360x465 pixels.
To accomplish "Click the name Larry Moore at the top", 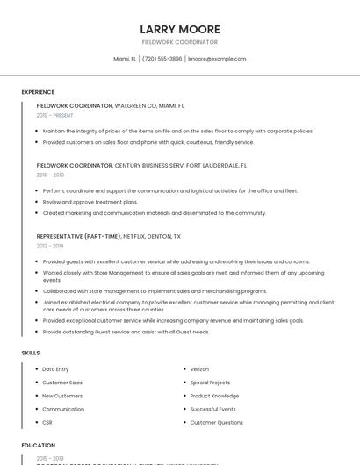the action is [179, 29].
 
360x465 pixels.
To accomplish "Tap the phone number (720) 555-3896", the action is [162, 59].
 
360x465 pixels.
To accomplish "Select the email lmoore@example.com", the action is [217, 59].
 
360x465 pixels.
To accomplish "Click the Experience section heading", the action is [38, 92].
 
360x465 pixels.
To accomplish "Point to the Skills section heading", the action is [31, 353].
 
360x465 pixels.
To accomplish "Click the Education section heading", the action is [38, 446].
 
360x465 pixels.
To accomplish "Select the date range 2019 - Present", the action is [54, 115].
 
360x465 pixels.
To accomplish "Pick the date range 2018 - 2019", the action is [50, 175].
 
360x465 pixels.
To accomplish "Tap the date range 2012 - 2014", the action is [50, 246].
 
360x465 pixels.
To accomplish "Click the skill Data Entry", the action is [55, 369].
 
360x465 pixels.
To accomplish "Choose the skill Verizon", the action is [200, 369].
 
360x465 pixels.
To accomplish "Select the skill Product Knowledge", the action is [214, 396].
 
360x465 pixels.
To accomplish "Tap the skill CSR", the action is [48, 422].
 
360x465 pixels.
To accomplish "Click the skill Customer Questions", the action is [216, 422].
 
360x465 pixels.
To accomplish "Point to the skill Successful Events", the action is [212, 409].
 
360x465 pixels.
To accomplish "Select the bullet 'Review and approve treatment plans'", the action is [90, 202].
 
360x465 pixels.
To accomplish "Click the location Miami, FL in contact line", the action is [126, 59].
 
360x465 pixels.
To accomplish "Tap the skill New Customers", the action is [61, 396].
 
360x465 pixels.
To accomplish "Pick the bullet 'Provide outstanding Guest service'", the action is [126, 332].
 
